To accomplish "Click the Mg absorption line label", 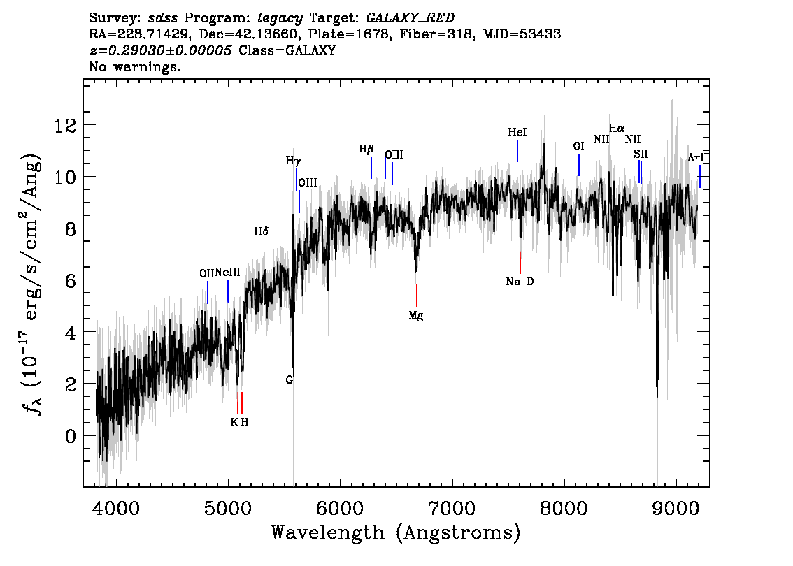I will [x=416, y=316].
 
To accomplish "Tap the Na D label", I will [x=520, y=282].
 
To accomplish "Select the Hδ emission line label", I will [x=262, y=231].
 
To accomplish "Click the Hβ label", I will [x=366, y=149].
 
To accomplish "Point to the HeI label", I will [x=517, y=132].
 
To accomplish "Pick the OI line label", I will [x=578, y=147].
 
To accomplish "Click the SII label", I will [x=641, y=154].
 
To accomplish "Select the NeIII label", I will [x=228, y=272].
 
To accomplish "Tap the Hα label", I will [x=616, y=129].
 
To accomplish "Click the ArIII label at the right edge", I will [x=698, y=159].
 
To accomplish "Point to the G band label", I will [x=289, y=380].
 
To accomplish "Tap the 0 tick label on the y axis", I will [x=69, y=436].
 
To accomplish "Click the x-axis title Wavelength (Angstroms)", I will [x=396, y=533].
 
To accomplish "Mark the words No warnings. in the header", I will [x=136, y=67].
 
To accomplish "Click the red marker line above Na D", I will [x=520, y=262].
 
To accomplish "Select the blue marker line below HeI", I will [x=517, y=151].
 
